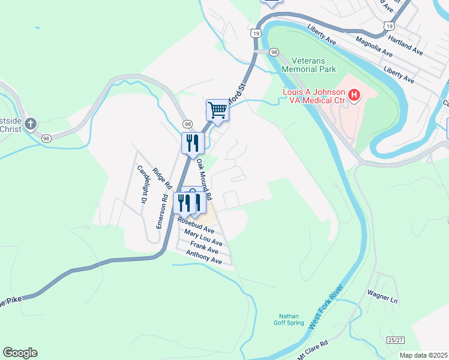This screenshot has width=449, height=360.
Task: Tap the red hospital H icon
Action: [x=354, y=95]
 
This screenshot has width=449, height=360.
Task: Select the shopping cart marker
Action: [x=217, y=110]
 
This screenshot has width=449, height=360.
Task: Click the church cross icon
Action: [x=30, y=124]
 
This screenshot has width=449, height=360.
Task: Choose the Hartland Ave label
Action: [x=405, y=45]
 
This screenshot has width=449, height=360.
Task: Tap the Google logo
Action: [x=20, y=353]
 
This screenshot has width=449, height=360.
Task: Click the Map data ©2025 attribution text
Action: [x=423, y=355]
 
